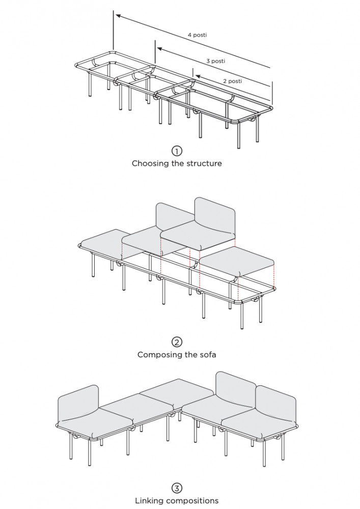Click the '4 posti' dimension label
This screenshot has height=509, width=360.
click(x=197, y=35)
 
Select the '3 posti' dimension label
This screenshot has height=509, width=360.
click(x=216, y=61)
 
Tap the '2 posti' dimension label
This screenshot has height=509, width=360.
click(x=232, y=81)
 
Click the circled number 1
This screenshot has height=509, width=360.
click(x=177, y=151)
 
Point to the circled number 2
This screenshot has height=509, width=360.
click(x=177, y=342)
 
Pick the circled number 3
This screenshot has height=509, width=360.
click(x=177, y=488)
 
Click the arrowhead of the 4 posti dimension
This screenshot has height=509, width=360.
click(x=119, y=16)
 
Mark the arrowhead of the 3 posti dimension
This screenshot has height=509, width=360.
click(x=160, y=49)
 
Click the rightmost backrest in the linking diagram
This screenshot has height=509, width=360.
click(x=276, y=404)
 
